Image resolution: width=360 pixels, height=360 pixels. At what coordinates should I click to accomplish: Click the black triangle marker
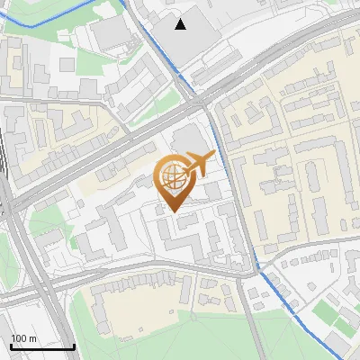[x=181, y=24]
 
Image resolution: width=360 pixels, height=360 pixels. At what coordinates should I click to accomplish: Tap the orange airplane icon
[x=197, y=165]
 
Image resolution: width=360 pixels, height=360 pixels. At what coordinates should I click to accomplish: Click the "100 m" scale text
[x=24, y=338]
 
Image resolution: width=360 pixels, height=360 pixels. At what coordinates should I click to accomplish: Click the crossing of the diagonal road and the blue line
[x=199, y=97]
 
